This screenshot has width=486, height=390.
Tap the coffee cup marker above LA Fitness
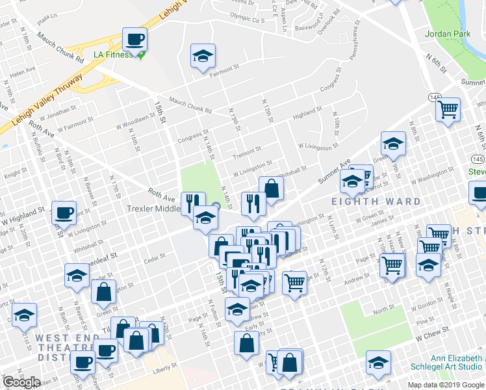point(135,40)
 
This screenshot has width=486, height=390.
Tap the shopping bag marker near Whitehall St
point(272,189)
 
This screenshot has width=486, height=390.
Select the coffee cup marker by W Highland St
point(64,213)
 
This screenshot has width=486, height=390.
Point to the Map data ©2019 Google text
point(446,385)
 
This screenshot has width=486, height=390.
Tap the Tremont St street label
point(247,153)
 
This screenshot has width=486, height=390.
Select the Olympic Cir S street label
point(248,19)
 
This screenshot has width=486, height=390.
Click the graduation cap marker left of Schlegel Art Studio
point(378,364)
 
